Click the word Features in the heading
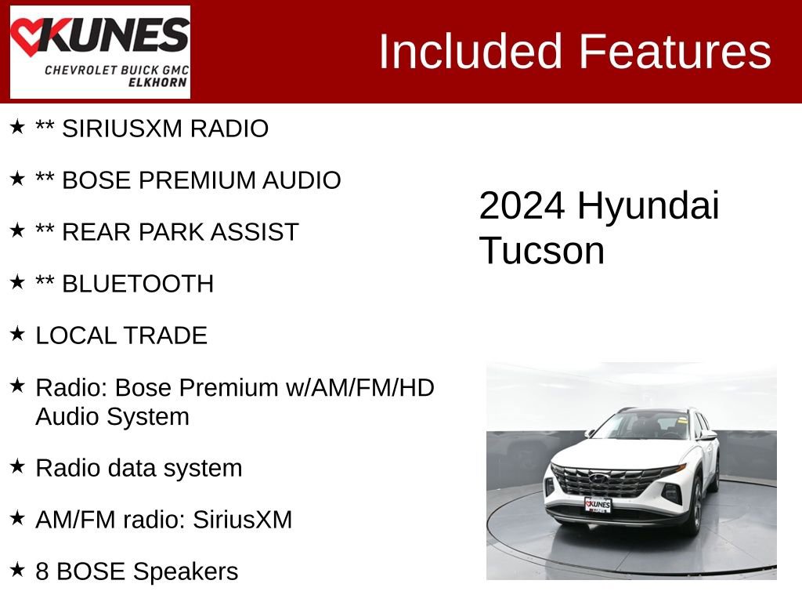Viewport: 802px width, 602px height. point(675,52)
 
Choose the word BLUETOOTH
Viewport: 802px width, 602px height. point(138,284)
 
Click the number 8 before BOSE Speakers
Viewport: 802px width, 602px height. point(42,571)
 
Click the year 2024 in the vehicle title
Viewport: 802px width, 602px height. point(522,206)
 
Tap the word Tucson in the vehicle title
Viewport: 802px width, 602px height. point(542,251)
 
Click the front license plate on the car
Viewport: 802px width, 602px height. point(598,504)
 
